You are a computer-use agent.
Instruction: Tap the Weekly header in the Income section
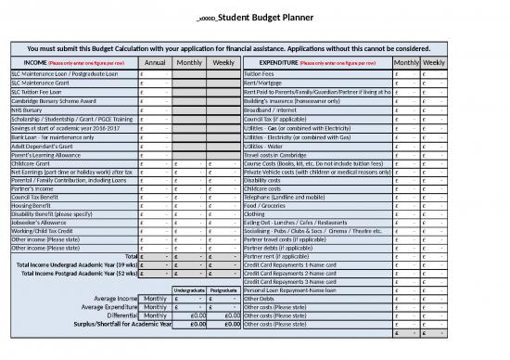(223, 61)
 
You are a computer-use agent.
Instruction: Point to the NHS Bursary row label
(27, 109)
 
